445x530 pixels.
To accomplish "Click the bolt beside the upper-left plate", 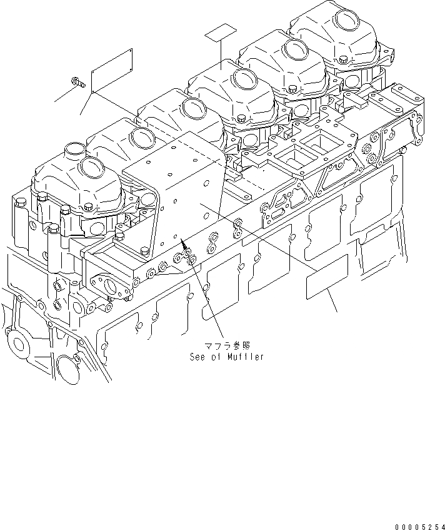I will (x=78, y=81).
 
